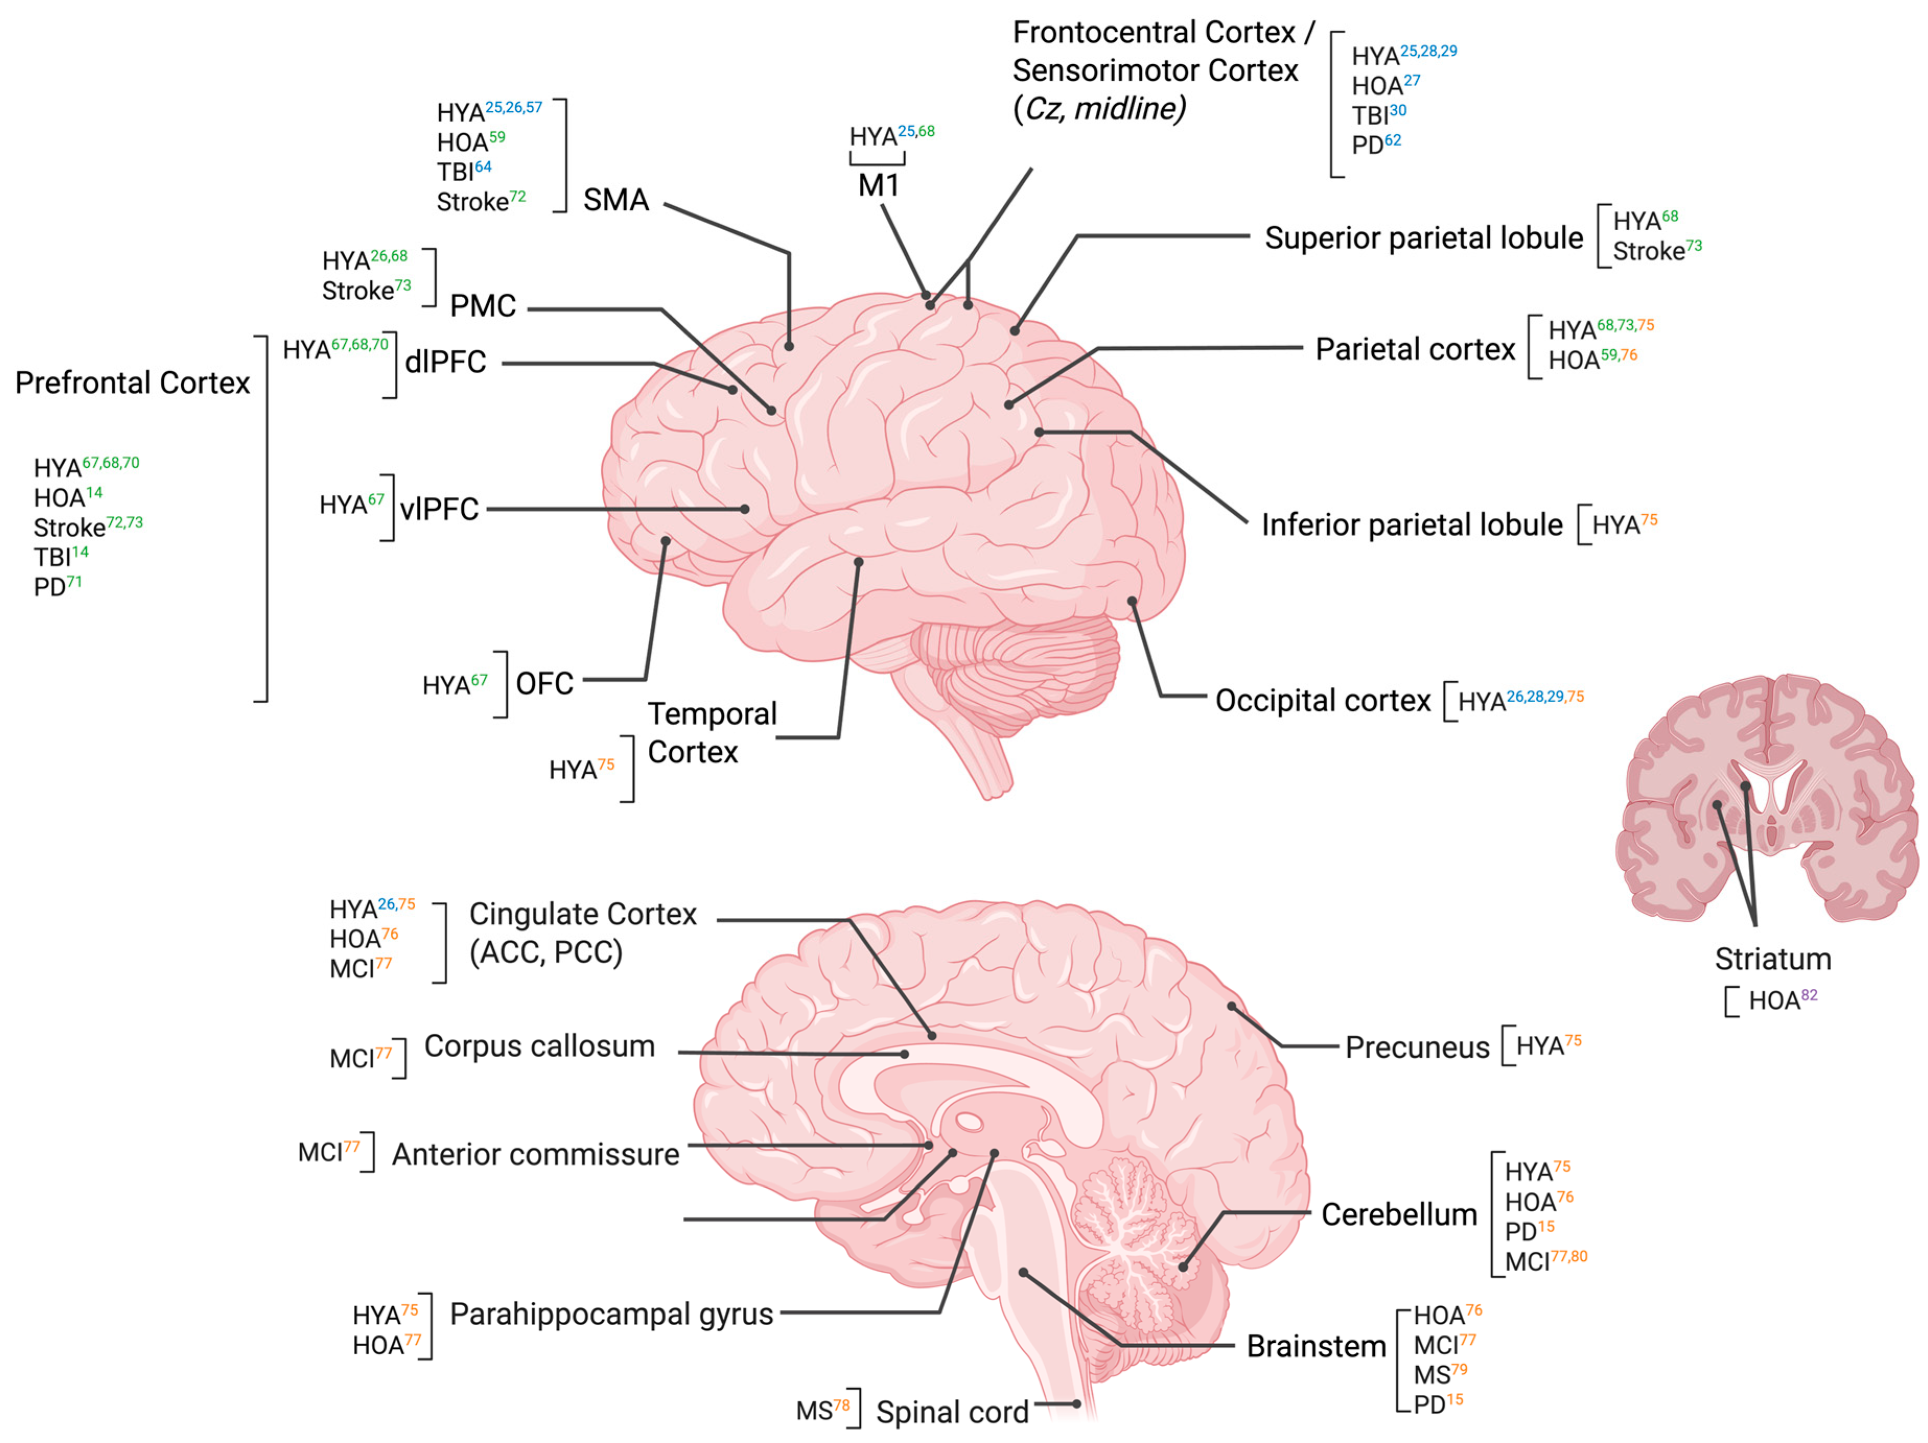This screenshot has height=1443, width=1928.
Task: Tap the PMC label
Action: (x=483, y=306)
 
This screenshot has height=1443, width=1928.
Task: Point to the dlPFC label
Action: (x=446, y=362)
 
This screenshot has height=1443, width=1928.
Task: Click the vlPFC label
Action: (x=439, y=509)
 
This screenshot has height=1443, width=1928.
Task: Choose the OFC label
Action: (x=545, y=684)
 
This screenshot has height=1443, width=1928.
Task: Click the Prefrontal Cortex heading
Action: (x=133, y=383)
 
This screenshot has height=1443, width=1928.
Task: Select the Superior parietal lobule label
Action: (x=1423, y=238)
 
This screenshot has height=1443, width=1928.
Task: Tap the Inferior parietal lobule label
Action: (x=1412, y=525)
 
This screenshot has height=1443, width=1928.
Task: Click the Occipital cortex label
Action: (x=1322, y=701)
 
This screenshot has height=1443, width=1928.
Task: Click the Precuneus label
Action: (x=1417, y=1047)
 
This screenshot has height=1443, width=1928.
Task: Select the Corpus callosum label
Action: (x=540, y=1046)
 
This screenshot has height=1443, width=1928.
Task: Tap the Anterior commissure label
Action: (x=535, y=1155)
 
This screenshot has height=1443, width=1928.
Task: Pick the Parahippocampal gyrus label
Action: (x=611, y=1314)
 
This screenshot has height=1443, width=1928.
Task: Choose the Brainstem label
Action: (x=1316, y=1346)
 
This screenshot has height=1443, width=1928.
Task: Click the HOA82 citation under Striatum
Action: (x=1782, y=1000)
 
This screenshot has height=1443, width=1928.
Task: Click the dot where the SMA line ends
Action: (x=789, y=346)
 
